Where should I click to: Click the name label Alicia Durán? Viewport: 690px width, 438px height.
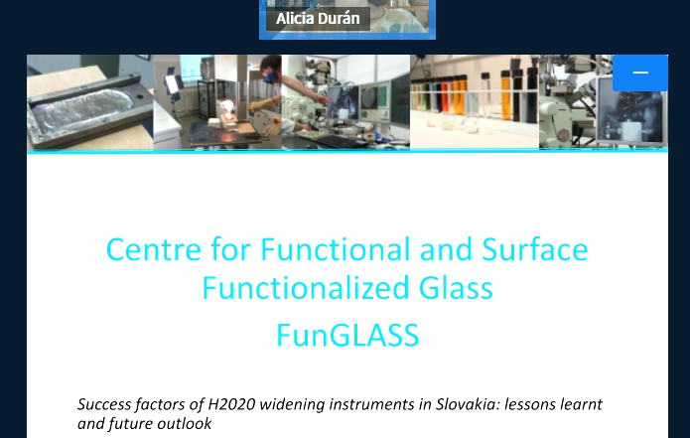[x=318, y=19]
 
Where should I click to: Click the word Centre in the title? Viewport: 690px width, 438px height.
[x=154, y=249]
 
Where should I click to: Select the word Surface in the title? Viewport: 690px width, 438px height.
[x=535, y=249]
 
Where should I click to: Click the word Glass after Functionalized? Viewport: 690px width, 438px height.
[x=456, y=287]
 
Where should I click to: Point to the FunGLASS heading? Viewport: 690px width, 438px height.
[x=347, y=335]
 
